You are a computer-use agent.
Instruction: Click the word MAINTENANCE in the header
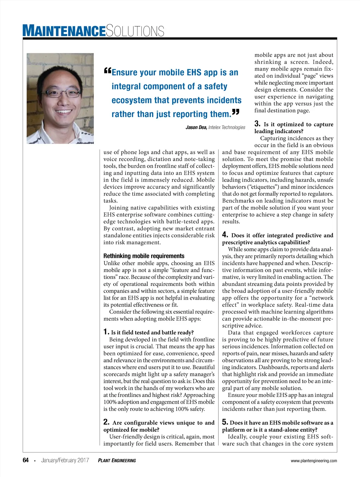pos(64,31)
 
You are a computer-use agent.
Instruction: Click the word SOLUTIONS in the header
pos(135,31)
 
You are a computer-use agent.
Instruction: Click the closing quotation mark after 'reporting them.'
pos(236,112)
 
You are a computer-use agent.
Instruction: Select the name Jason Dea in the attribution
pos(196,128)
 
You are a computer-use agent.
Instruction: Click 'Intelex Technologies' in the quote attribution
pos(227,128)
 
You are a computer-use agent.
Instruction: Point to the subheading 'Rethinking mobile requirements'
pos(144,256)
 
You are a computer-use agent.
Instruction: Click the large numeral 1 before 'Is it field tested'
pos(106,332)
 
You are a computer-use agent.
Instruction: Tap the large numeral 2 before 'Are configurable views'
pos(106,422)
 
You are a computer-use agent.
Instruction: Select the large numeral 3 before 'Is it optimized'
pos(257,124)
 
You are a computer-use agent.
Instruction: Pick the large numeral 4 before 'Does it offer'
pos(225,235)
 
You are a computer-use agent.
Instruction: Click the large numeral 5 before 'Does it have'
pos(225,422)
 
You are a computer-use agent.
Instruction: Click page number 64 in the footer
pos(26,460)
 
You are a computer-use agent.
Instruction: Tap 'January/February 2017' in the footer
pos(65,460)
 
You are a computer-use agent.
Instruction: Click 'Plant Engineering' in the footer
pos(117,460)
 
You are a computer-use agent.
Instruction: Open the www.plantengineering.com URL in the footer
pos(314,461)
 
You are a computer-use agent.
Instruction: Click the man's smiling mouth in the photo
pos(64,111)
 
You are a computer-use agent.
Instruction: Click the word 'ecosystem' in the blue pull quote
pos(131,100)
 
